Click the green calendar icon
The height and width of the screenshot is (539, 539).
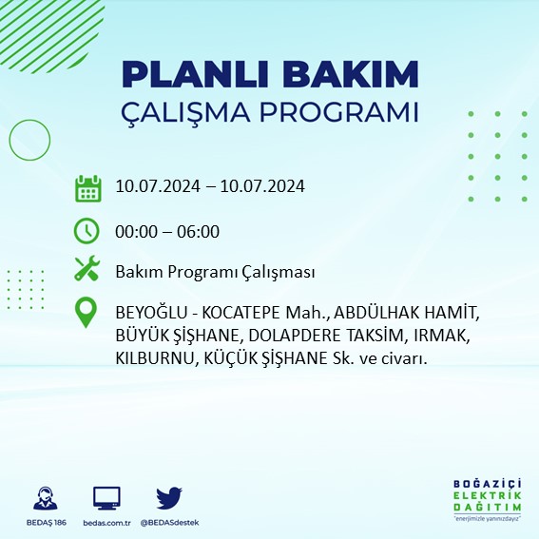tap(87, 188)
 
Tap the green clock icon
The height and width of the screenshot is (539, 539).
tap(87, 230)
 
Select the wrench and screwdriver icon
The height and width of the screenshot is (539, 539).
tap(87, 271)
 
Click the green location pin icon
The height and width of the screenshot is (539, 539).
tap(87, 313)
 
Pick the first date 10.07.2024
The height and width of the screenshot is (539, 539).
tap(156, 186)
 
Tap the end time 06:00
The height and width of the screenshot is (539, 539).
tap(199, 230)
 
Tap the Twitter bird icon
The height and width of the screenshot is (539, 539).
tap(168, 498)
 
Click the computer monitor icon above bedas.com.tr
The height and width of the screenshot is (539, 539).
tap(106, 498)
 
